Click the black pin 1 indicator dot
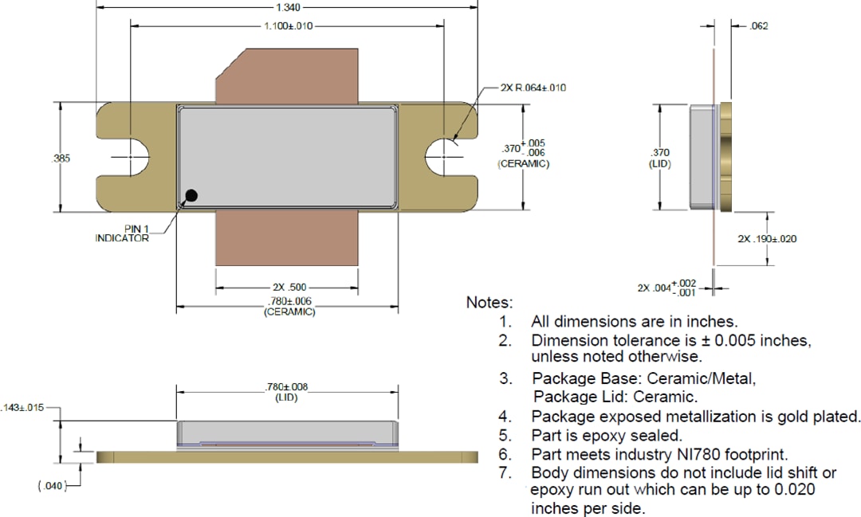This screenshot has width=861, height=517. point(191,196)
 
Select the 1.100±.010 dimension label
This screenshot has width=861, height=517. point(288,26)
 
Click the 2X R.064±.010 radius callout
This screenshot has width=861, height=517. point(533,88)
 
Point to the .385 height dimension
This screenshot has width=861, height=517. point(61,159)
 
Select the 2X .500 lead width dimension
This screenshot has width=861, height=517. point(289,287)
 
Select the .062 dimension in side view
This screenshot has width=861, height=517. point(759,26)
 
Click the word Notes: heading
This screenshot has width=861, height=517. point(489,304)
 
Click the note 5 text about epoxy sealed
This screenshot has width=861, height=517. point(607,436)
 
